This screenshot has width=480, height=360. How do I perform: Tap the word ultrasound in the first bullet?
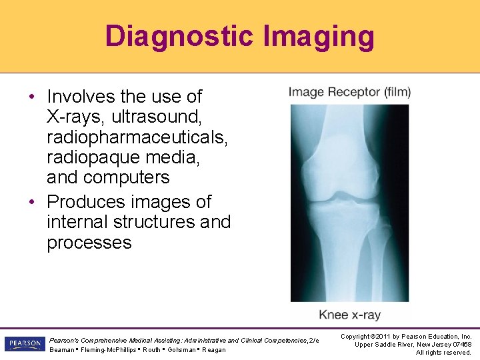tap(157, 117)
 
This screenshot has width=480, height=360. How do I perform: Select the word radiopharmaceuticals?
tap(137, 137)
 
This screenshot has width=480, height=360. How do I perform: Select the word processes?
tap(89, 242)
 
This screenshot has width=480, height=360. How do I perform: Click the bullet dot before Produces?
tap(32, 202)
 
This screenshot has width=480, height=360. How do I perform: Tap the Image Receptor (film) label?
tap(349, 92)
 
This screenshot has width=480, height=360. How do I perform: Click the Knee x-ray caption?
tap(349, 315)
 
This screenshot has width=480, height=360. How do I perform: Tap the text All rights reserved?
tap(443, 352)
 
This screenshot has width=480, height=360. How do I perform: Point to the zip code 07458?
tap(461, 344)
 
